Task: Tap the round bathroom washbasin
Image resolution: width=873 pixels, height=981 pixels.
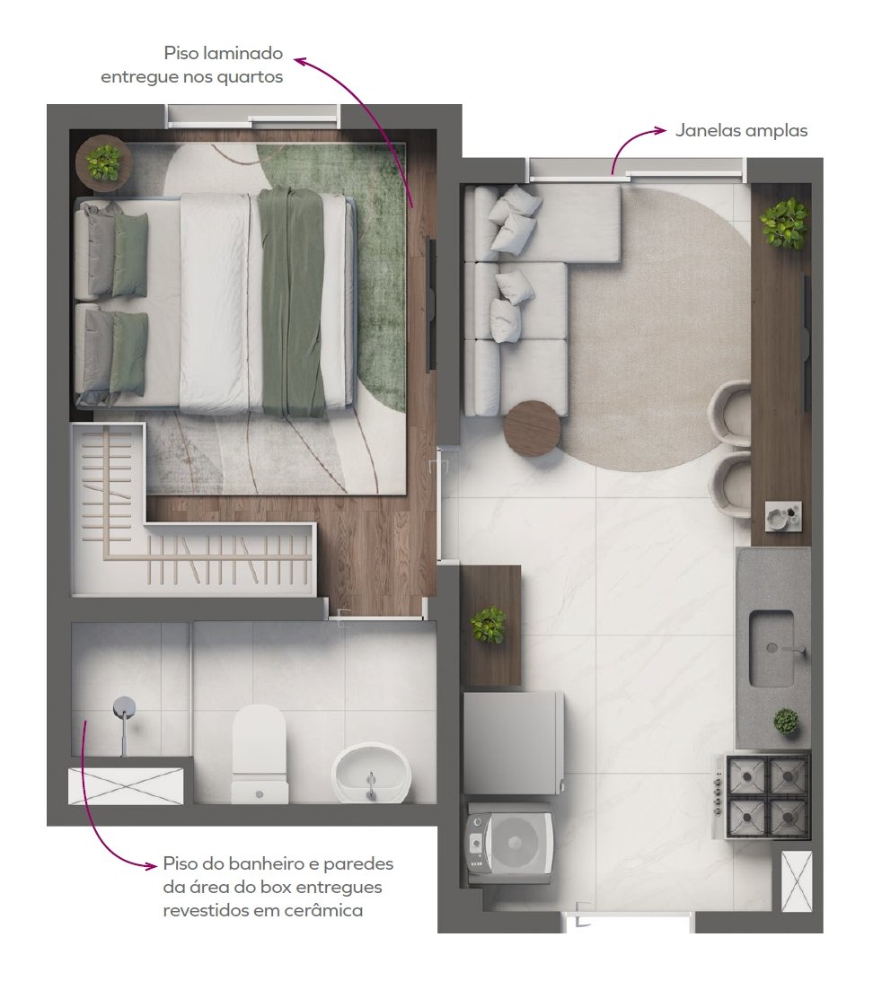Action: click(371, 772)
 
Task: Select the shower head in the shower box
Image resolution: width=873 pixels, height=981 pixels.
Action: click(125, 707)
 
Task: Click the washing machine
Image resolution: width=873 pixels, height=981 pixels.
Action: click(508, 844)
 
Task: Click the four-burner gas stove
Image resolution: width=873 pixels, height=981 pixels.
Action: click(767, 796)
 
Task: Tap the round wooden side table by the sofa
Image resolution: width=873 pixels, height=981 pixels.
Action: click(533, 429)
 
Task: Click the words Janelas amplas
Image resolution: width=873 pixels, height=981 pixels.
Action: click(741, 131)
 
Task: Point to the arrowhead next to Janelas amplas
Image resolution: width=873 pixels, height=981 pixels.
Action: click(661, 130)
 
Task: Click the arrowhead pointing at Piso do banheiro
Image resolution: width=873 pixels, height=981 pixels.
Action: click(151, 866)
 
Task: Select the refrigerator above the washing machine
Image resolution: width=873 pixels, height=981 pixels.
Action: click(514, 742)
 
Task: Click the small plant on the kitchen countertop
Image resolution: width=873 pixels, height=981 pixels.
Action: click(786, 722)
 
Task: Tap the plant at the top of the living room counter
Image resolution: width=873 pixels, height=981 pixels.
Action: click(784, 223)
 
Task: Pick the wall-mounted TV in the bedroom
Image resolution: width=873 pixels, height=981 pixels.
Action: click(431, 304)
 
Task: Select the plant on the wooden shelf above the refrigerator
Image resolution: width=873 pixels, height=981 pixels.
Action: click(489, 625)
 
